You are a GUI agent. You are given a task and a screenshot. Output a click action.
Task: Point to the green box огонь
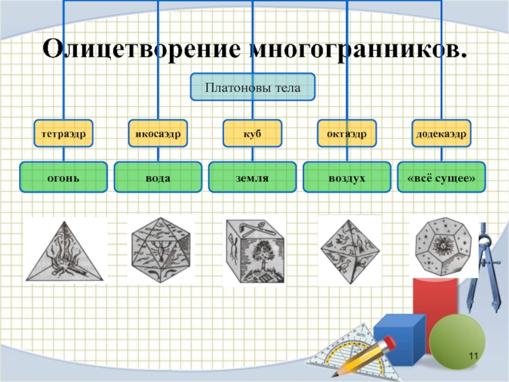pos(63,177)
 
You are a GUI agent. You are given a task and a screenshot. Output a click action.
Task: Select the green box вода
pos(158,177)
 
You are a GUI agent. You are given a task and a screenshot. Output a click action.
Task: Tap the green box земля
pos(253,177)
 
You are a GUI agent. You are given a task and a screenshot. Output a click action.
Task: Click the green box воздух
pos(347,177)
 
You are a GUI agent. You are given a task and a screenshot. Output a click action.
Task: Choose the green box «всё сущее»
pos(442,177)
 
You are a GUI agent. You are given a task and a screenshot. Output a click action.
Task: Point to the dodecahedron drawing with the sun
pos(442,245)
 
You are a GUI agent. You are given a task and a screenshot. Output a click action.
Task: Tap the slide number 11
pos(472,355)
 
